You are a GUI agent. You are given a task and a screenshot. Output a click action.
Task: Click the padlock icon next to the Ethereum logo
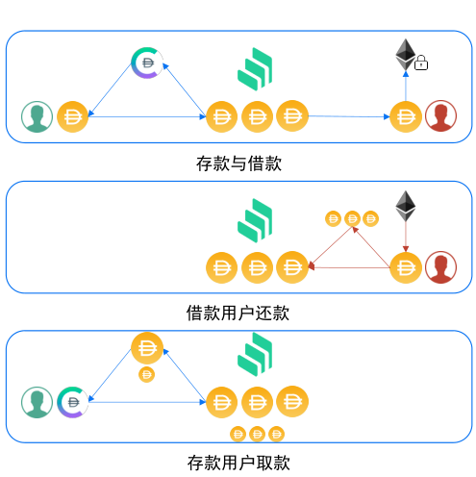coord(420,63)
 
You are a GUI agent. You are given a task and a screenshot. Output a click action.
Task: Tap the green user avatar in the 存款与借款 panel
coord(37,116)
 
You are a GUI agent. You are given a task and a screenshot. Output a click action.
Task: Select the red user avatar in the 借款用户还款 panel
coord(440,267)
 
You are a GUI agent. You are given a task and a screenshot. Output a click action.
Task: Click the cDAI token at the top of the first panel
coord(147,63)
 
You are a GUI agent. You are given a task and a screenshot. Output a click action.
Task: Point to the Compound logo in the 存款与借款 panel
coord(255,69)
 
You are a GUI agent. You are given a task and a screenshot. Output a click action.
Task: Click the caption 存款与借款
coord(238,163)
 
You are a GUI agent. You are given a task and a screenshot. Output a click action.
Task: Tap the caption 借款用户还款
coord(238,313)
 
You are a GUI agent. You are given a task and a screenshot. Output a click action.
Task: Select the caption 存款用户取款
coord(238,463)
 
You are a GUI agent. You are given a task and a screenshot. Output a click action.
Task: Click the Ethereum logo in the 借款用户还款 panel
coord(406,206)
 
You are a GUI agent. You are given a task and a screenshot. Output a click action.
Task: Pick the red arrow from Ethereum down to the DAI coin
coord(406,237)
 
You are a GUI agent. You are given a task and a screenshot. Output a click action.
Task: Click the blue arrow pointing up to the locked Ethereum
coord(406,87)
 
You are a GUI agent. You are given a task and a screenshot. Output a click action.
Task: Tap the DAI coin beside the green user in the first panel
coord(72,116)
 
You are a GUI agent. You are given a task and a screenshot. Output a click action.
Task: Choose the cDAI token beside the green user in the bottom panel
coord(72,402)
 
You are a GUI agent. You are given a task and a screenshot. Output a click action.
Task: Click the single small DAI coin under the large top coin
coord(146,374)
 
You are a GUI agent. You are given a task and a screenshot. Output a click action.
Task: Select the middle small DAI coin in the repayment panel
coord(352,219)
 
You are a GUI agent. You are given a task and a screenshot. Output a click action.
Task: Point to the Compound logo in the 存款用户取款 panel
coord(255,354)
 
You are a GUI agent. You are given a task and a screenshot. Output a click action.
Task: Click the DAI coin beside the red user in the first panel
coord(406,116)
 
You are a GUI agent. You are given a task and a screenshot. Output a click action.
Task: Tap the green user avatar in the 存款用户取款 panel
coord(37,402)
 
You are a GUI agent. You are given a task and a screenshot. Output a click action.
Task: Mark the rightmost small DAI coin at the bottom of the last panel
coord(276,434)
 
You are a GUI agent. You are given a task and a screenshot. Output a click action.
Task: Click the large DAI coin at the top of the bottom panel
coord(147,348)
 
